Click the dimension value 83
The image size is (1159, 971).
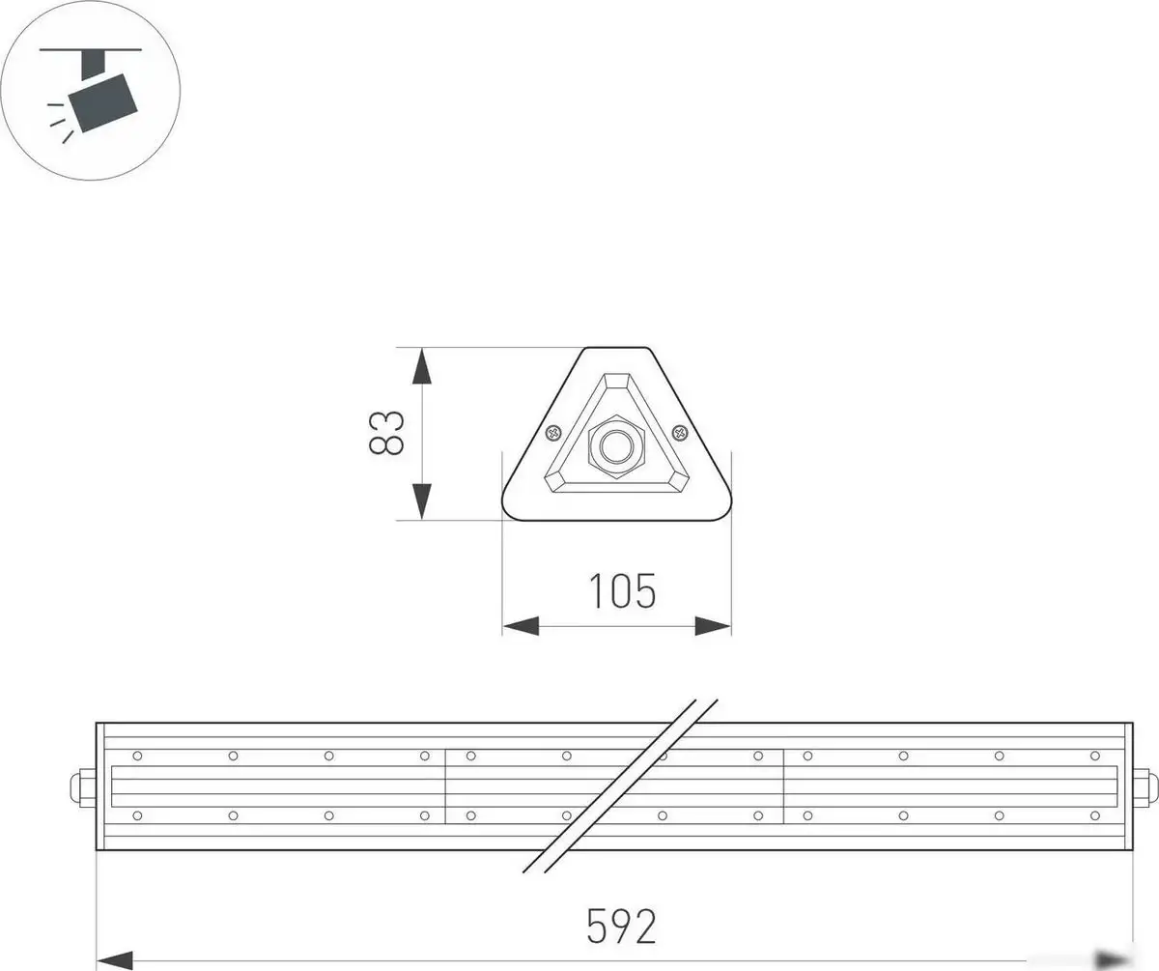coord(385,433)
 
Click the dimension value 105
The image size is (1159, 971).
coord(622,591)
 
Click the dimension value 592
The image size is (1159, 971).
coord(621,927)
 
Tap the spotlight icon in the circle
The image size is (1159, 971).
coord(91,91)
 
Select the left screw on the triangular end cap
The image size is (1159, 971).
coord(554,434)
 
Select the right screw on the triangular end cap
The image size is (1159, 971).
coord(679,433)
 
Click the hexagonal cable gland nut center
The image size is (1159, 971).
coord(615,446)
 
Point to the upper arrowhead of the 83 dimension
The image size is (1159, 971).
coord(421,367)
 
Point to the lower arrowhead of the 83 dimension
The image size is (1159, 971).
coord(421,500)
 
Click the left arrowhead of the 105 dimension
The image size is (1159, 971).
coord(520,627)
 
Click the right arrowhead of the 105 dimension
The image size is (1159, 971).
coord(713,627)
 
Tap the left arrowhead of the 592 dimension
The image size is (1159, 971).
coord(115,959)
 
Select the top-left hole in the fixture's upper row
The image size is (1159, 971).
coord(137,756)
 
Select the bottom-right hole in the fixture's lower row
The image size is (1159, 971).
coord(1094,816)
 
